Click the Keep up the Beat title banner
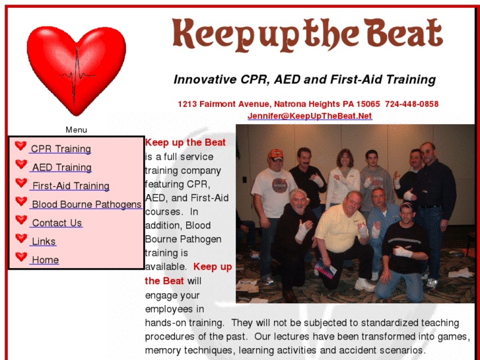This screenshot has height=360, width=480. (307, 34)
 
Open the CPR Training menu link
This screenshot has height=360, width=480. (61, 149)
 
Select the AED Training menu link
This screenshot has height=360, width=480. (61, 168)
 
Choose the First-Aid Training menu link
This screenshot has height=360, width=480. (71, 186)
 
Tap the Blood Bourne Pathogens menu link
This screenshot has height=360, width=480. (86, 205)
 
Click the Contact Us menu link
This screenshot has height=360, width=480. (57, 223)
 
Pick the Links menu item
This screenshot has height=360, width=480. (44, 242)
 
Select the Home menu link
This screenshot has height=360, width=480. (45, 260)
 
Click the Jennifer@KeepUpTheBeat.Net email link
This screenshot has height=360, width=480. (310, 116)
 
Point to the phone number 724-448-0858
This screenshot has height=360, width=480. (411, 104)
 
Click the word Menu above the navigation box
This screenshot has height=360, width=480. (76, 130)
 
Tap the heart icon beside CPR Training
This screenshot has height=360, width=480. (21, 146)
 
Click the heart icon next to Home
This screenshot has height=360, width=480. (21, 257)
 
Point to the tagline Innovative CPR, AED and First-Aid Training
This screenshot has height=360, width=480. (304, 80)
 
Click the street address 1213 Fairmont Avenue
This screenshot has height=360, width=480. (223, 104)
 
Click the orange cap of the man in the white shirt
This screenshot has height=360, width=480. (275, 154)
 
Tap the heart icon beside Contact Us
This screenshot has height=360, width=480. (21, 220)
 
